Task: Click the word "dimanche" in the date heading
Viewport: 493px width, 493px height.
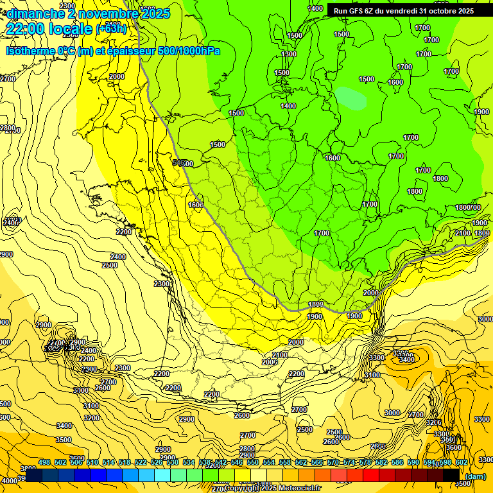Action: (x=31, y=13)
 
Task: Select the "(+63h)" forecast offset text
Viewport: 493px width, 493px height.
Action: (x=111, y=29)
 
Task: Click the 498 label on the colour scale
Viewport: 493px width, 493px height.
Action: (x=44, y=463)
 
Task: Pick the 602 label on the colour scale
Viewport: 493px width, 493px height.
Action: (x=461, y=463)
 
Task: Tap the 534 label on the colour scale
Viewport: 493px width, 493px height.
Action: (x=188, y=463)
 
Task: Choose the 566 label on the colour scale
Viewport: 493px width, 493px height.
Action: (x=316, y=463)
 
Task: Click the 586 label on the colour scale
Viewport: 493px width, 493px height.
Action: (x=397, y=463)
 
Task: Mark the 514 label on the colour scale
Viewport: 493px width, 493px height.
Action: (x=108, y=463)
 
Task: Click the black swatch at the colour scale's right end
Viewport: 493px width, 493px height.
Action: (x=452, y=474)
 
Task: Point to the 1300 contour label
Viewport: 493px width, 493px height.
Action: (x=289, y=55)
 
